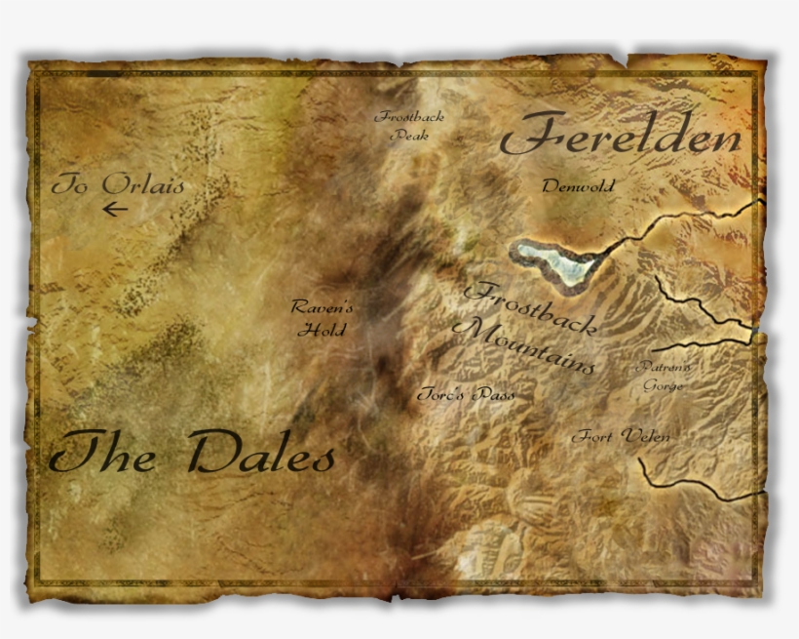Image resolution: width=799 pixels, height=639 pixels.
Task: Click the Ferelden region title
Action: [621, 138]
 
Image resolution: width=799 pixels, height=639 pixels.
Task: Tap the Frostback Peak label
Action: [409, 126]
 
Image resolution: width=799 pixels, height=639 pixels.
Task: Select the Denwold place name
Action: [579, 186]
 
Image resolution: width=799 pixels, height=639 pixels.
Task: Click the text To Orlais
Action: [117, 184]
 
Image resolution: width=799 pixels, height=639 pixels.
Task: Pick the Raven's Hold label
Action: [323, 318]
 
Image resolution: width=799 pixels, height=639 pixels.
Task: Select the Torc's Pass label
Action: [465, 395]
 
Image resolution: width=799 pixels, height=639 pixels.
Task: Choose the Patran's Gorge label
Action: [664, 376]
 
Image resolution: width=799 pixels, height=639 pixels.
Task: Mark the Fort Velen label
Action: [621, 436]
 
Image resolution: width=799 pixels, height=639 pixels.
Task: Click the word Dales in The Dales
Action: [262, 453]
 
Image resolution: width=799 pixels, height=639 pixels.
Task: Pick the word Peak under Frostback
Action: [409, 136]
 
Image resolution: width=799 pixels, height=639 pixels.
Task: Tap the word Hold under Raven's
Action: [322, 330]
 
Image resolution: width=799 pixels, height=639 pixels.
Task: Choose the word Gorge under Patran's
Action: [664, 385]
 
